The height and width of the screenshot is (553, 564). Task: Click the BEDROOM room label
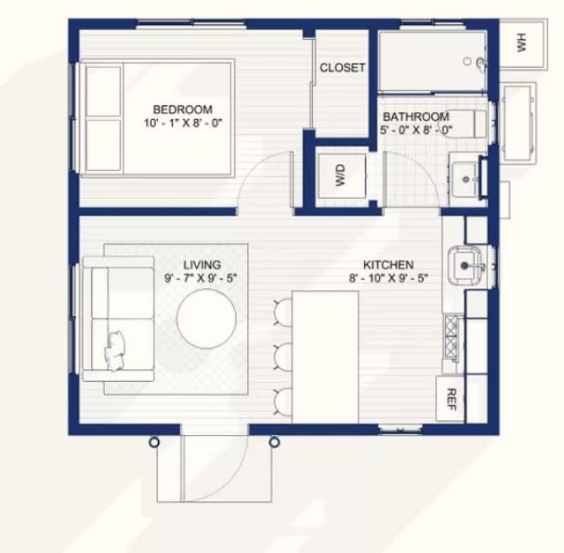tap(183, 110)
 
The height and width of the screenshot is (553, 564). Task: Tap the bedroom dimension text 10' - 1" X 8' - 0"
tap(183, 123)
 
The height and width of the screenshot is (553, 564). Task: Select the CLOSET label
tap(343, 68)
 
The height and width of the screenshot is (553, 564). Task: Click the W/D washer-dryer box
tap(342, 176)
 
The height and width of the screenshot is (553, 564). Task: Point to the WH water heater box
tap(523, 44)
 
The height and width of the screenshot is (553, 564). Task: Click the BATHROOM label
tap(416, 116)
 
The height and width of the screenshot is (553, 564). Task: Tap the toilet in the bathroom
tap(464, 124)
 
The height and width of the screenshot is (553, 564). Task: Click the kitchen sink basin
tap(466, 266)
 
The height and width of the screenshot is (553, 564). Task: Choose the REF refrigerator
tap(450, 399)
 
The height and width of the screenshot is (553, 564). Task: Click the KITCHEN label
tap(388, 265)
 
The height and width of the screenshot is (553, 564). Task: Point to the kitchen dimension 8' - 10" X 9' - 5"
tap(388, 278)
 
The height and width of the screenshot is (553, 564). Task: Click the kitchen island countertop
tap(325, 357)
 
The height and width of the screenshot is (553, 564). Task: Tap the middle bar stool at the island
tap(283, 355)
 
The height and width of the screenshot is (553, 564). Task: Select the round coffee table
tap(206, 319)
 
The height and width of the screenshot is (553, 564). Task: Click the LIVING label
tap(203, 265)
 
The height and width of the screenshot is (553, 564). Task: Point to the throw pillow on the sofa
tap(115, 351)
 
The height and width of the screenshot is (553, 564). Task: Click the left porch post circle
tap(154, 442)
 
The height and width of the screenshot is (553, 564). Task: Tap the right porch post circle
tap(274, 441)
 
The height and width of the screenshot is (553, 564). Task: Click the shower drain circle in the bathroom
tap(467, 61)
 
